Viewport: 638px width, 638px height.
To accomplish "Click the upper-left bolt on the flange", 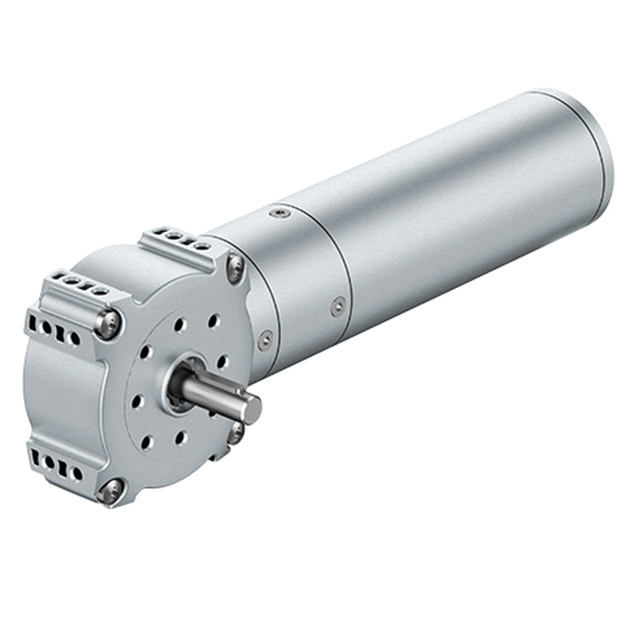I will (109, 321).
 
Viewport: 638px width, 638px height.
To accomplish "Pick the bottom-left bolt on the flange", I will (111, 489).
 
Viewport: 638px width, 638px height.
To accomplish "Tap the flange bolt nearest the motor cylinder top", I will (235, 264).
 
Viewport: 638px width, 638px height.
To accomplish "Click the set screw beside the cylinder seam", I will (339, 306).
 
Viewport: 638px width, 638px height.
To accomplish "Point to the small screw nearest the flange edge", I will (265, 340).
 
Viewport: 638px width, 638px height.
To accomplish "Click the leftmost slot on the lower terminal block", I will (39, 461).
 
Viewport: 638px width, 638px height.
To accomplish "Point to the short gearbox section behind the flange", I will (289, 289).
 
